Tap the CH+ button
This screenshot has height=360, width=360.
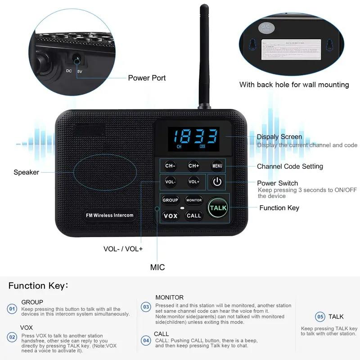pos(193,166)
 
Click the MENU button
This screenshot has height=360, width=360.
pos(217,166)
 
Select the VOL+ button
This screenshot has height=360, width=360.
pos(193,182)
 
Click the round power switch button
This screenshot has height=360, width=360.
pos(217,182)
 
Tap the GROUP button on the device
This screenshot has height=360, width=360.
pos(171,200)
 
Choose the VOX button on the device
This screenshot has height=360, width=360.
pos(171,216)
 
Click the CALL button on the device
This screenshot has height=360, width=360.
pos(194,216)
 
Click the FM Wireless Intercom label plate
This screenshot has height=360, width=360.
pos(110,215)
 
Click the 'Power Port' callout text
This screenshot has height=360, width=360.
pos(147,78)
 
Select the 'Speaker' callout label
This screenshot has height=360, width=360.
pos(26,172)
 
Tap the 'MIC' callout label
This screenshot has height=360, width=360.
pos(157,267)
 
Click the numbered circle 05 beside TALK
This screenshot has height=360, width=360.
pos(320,316)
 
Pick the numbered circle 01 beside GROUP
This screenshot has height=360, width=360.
pos(12,309)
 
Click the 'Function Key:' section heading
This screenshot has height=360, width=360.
pos(38,286)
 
